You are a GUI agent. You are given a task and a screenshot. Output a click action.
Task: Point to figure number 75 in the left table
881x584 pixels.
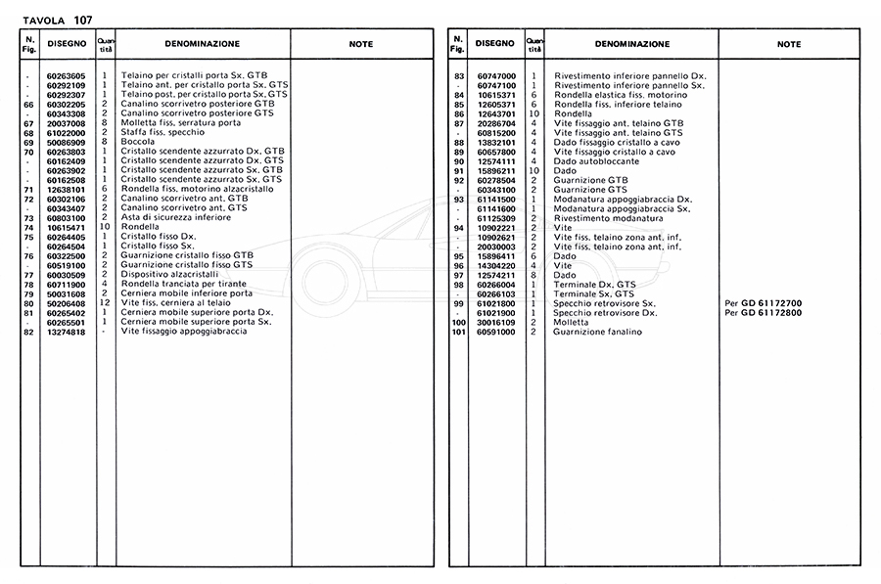[28, 237]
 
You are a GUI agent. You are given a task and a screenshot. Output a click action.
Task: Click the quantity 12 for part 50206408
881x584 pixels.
[104, 303]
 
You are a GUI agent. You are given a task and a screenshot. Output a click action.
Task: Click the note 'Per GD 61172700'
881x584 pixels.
[763, 303]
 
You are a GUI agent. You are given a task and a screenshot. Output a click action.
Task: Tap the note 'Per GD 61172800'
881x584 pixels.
[763, 312]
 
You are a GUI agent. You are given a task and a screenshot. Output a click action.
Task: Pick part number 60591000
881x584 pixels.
[496, 332]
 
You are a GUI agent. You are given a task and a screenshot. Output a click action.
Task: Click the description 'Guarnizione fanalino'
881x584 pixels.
[597, 332]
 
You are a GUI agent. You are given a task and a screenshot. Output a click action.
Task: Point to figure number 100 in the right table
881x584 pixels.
[456, 322]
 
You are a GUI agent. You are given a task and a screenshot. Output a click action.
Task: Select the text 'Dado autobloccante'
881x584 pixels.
[594, 160]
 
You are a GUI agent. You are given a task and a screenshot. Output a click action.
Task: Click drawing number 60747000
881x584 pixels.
[496, 75]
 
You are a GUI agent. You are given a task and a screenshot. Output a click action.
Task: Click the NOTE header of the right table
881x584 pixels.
[789, 44]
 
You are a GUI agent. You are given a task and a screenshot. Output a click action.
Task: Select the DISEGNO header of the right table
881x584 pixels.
[494, 43]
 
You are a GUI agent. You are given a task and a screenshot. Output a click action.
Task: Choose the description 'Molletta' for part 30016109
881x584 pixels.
[571, 322]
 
